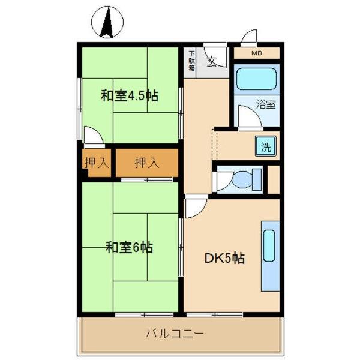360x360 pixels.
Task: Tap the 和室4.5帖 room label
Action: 129,95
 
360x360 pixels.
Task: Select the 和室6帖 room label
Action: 129,247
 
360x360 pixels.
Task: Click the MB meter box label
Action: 257,53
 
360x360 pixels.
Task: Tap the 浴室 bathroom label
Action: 266,104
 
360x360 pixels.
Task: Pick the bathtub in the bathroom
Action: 256,78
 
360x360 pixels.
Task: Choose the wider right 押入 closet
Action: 147,162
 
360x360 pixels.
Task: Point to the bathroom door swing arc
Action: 248,116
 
